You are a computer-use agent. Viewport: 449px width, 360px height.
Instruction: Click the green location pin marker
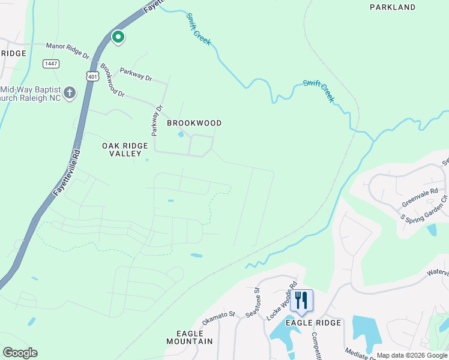tap(118, 38)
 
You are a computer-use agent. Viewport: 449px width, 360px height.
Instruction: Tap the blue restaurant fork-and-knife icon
tap(301, 301)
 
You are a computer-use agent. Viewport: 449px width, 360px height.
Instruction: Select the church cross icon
tap(70, 93)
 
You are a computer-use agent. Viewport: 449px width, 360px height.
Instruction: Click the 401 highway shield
tap(92, 77)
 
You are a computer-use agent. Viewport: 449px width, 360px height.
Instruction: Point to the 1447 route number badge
tap(51, 64)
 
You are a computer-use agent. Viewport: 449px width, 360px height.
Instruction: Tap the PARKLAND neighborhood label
tap(392, 7)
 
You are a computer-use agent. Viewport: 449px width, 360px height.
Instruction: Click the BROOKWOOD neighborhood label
tap(194, 123)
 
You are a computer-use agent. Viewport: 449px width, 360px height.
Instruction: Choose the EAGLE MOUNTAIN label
tap(194, 337)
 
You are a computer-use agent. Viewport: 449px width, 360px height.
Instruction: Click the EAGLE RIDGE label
tap(313, 323)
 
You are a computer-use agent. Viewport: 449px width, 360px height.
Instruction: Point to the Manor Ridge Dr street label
tap(68, 49)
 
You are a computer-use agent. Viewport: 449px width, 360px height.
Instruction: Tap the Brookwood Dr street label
tap(112, 81)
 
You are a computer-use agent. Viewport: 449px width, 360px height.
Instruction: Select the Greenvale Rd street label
tap(419, 196)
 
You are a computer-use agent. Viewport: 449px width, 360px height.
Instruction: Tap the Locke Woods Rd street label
tap(282, 301)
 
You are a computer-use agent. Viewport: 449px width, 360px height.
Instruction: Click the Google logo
tap(20, 353)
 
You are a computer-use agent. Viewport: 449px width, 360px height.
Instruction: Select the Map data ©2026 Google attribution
tap(412, 355)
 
